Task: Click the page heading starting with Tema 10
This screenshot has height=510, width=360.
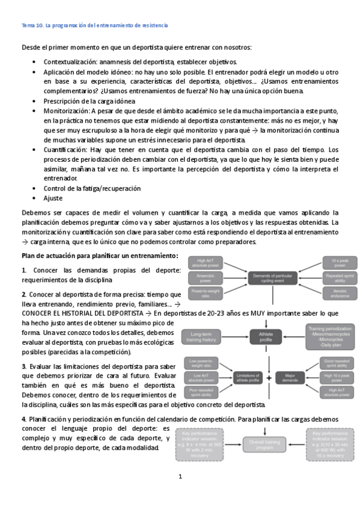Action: pos(94,25)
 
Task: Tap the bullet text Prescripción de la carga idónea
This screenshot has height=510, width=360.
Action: pos(88,101)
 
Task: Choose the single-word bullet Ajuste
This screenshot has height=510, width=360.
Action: pos(52,198)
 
